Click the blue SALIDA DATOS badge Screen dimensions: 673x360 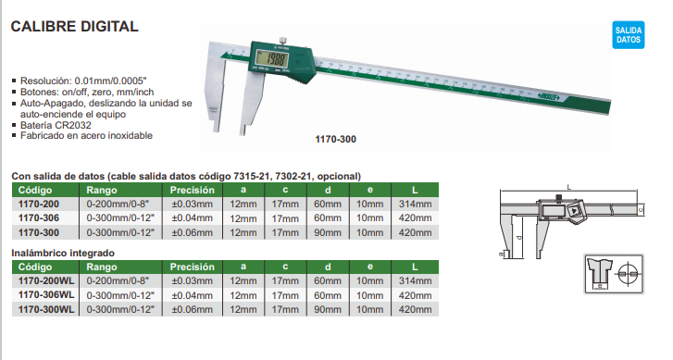tap(628, 35)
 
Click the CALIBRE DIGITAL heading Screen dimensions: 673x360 tap(74, 27)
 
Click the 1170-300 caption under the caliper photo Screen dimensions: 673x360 tap(336, 139)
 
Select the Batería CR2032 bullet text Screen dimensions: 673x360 tap(56, 125)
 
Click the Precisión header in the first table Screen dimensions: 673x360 tap(192, 190)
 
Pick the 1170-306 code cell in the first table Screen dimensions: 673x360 tap(39, 218)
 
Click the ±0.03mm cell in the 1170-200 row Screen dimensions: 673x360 tap(192, 204)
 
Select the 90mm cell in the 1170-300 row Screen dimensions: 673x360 tap(328, 232)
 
